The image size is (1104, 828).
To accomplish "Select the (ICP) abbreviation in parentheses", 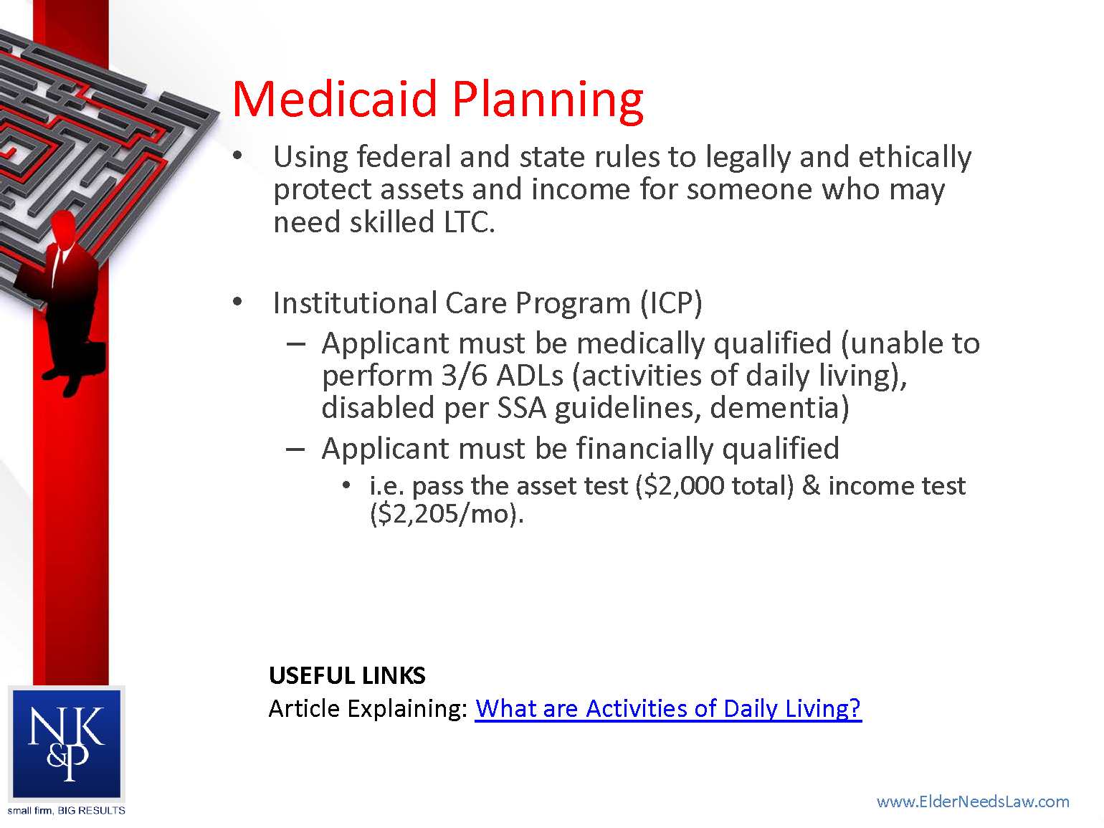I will click(671, 303).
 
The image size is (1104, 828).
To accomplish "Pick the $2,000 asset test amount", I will click(685, 486).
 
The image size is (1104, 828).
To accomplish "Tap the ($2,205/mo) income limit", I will click(446, 514).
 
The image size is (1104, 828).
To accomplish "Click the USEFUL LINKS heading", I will click(347, 675).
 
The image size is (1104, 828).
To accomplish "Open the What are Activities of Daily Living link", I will click(667, 708).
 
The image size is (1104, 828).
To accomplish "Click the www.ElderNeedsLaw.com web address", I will click(972, 801).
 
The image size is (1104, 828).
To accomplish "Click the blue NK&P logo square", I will click(66, 743).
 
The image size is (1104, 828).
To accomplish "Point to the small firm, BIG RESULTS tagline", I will click(66, 811).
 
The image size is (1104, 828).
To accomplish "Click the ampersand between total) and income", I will click(811, 486).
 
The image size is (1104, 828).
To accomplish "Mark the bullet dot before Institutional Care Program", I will click(238, 303).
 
